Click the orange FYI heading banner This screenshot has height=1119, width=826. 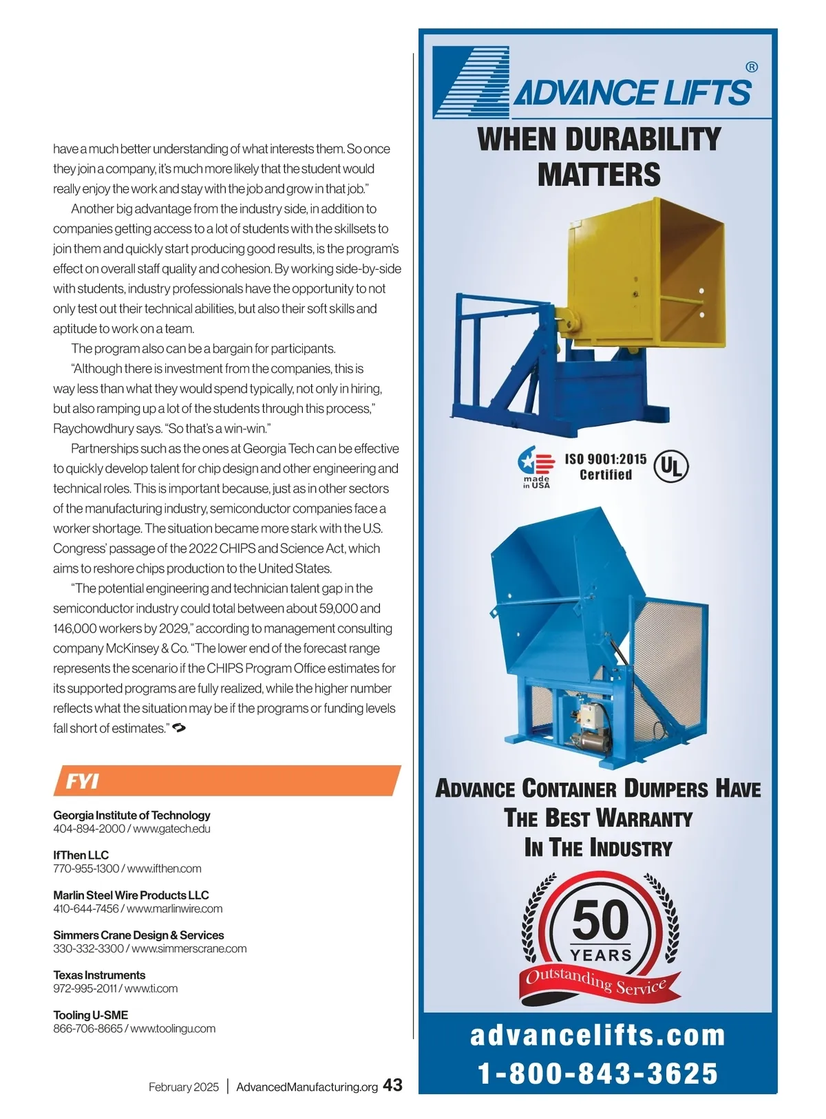[226, 780]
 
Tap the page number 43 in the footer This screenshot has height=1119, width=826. [392, 1085]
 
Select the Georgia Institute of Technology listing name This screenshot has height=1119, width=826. [131, 815]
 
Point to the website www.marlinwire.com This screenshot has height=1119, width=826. [175, 908]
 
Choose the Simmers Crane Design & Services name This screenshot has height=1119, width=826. [138, 935]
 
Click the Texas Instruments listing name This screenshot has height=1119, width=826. [99, 974]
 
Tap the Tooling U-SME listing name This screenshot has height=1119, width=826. [90, 1014]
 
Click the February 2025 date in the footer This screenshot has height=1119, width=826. [183, 1087]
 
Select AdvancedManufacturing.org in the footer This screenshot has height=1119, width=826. [307, 1087]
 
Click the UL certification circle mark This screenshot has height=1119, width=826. [670, 467]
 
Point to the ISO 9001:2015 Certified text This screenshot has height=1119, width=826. [606, 467]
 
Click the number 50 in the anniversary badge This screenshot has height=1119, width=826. [600, 920]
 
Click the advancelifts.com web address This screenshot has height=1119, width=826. [597, 1035]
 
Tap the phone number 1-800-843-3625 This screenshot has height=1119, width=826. [597, 1073]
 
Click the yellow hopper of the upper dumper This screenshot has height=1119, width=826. [647, 275]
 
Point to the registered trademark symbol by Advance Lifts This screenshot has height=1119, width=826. [752, 67]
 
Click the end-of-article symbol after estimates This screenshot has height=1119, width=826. [179, 727]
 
